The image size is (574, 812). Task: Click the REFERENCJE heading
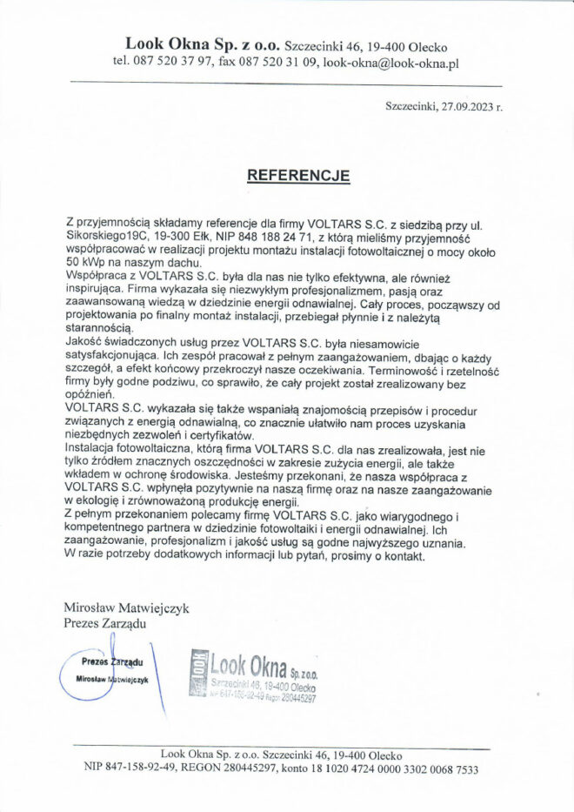[298, 175]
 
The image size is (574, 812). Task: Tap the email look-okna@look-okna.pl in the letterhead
[390, 63]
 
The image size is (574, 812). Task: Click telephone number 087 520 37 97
[170, 63]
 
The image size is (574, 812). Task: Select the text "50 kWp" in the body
[85, 262]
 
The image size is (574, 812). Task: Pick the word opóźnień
[91, 394]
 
